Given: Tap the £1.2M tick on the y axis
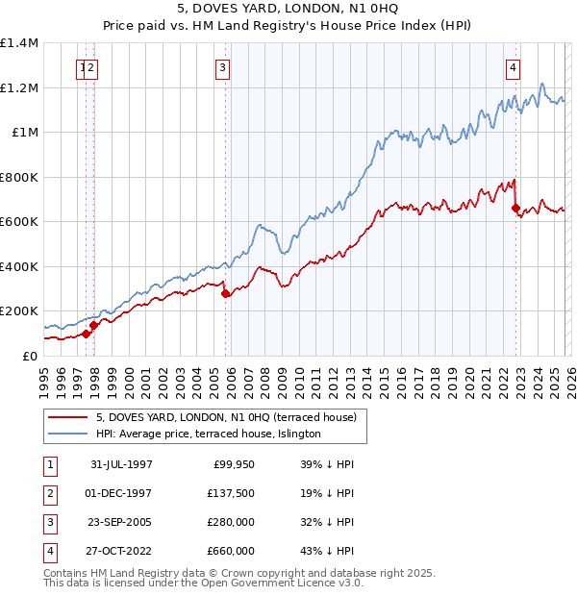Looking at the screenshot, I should [19, 87].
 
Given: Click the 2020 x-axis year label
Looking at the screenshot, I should [467, 375].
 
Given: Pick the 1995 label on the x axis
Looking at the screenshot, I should [44, 375].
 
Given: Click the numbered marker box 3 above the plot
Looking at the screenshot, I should [222, 67].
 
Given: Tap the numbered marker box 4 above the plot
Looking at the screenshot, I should [514, 67].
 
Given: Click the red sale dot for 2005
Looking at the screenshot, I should [226, 294].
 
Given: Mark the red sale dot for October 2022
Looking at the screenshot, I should [516, 208].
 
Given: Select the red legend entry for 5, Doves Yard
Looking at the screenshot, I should [226, 417].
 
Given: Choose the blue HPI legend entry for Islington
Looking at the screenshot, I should [208, 435].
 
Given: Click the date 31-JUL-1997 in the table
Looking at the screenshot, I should [121, 464].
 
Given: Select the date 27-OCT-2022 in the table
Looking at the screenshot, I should [121, 551].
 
